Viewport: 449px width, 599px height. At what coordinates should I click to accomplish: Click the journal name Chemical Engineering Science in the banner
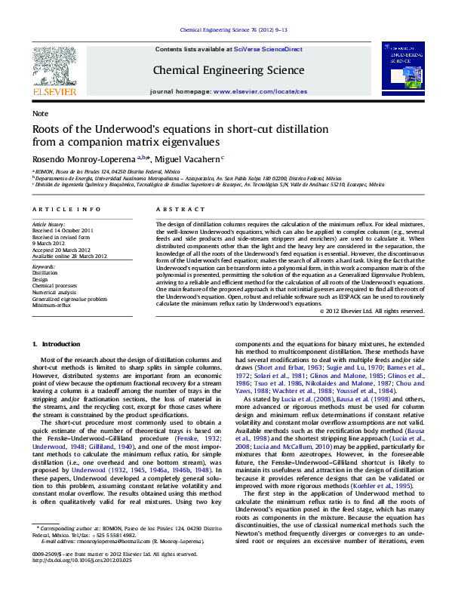click(x=229, y=70)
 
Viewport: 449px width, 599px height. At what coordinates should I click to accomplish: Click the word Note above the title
click(x=39, y=113)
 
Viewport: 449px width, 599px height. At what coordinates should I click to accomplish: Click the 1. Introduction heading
click(x=55, y=345)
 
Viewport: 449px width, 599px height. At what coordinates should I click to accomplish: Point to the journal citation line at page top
click(x=223, y=30)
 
